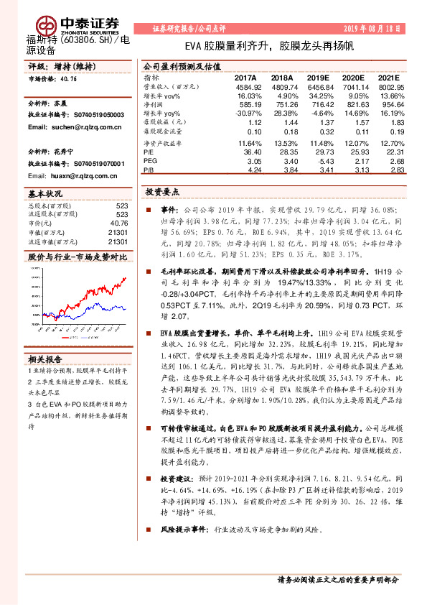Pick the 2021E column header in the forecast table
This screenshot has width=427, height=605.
point(387,78)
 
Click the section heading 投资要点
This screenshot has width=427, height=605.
point(162,193)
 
